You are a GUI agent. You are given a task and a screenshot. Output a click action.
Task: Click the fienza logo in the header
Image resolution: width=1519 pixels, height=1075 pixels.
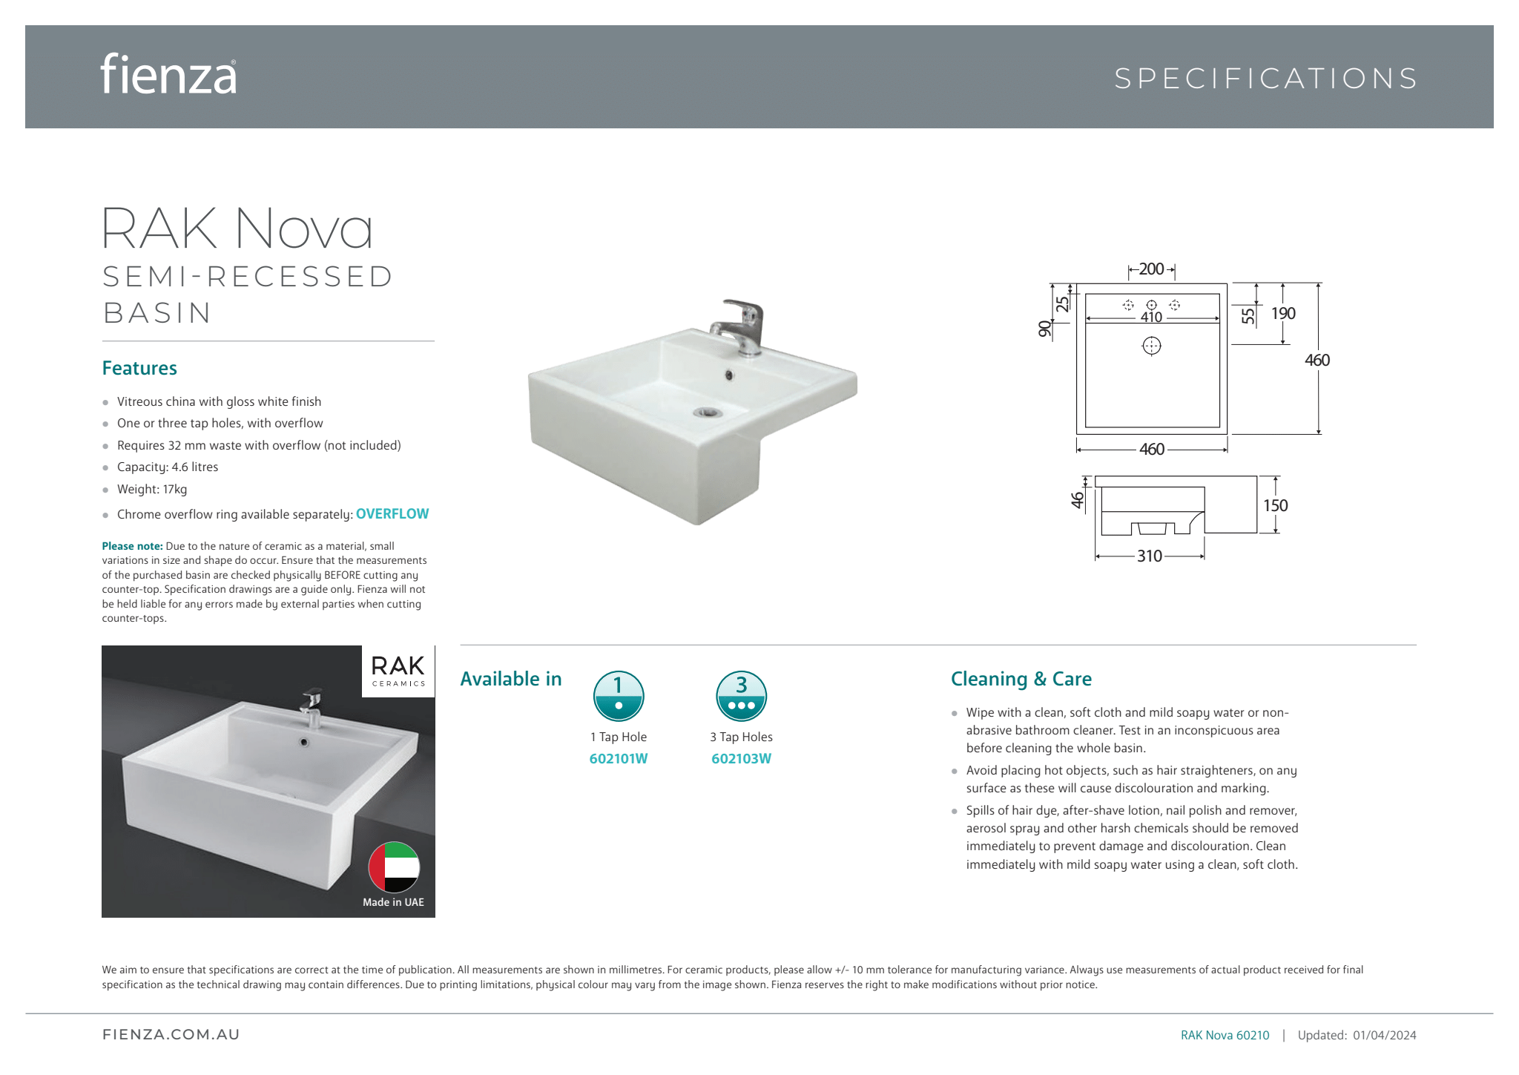[x=168, y=74]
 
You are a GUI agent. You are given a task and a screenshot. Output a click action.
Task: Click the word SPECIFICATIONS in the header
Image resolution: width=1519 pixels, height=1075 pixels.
[x=1265, y=79]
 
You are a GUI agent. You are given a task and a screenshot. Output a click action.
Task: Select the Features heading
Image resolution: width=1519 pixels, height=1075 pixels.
[x=139, y=368]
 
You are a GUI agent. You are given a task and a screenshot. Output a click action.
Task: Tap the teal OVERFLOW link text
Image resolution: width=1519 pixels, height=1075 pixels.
[x=392, y=514]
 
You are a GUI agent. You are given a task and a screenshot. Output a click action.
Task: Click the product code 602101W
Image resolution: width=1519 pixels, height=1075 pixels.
[x=619, y=759]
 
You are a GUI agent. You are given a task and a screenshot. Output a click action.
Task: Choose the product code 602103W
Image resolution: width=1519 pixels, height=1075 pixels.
[x=741, y=759]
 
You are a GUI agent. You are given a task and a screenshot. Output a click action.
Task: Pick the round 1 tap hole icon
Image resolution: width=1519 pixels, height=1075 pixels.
[x=619, y=696]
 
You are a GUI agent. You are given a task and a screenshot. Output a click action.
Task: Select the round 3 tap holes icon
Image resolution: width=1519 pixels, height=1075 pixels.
[x=741, y=696]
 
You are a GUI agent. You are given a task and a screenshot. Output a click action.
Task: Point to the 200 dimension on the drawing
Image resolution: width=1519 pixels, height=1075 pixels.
[x=1151, y=269]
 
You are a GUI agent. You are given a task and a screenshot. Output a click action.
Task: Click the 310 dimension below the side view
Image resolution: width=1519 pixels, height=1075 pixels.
[x=1150, y=556]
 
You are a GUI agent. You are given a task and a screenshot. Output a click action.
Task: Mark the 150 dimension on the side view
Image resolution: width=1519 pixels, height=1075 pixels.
[x=1275, y=505]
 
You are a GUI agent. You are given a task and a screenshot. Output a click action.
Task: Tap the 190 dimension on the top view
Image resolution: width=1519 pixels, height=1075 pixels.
[x=1283, y=314]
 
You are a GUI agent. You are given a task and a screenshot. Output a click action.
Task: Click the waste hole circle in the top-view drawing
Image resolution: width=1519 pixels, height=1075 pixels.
[x=1151, y=346]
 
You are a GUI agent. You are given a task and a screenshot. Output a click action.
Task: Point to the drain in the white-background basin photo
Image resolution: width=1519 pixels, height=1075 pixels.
[x=708, y=412]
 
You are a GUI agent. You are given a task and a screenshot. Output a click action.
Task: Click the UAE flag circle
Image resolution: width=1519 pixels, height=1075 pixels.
[x=394, y=867]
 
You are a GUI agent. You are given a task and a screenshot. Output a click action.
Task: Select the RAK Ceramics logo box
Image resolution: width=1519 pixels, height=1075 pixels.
[x=398, y=671]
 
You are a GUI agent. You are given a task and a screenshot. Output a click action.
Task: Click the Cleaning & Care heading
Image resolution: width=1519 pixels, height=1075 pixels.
[x=1021, y=679]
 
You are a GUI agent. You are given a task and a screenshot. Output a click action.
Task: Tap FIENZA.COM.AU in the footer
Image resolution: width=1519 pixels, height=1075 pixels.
[x=171, y=1035]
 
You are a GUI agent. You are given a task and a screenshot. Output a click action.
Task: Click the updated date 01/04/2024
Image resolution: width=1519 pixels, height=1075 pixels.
[x=1384, y=1035]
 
